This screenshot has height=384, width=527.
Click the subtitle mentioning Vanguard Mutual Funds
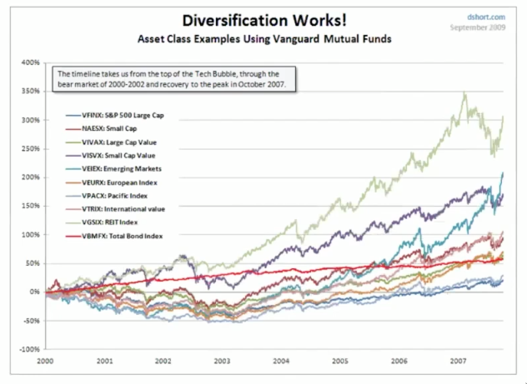[259, 39]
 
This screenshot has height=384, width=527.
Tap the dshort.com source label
[489, 15]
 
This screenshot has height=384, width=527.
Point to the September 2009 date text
[479, 27]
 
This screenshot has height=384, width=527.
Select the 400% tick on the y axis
[32, 62]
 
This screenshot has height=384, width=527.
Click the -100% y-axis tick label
[30, 349]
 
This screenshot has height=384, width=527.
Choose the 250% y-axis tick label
[32, 148]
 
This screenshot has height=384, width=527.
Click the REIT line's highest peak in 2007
[464, 93]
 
